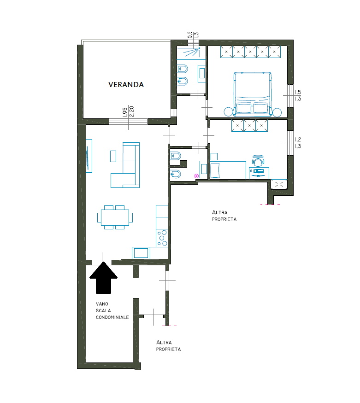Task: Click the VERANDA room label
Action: (126, 85)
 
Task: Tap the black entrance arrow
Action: (103, 278)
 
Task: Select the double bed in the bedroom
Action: (253, 94)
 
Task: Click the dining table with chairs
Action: (115, 217)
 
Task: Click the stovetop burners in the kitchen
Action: (162, 238)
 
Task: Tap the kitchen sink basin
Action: (141, 253)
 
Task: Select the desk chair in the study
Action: (258, 160)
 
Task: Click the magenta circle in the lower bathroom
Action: (196, 176)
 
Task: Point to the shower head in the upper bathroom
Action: (199, 48)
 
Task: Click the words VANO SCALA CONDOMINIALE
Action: (112, 310)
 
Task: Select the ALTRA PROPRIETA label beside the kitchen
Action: (224, 216)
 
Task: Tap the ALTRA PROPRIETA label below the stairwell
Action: (168, 346)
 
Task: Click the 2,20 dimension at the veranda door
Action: (132, 111)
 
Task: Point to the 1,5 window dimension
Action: (298, 92)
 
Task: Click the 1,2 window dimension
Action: (298, 140)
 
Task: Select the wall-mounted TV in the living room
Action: (89, 156)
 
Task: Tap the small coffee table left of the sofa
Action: (113, 156)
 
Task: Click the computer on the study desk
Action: (259, 171)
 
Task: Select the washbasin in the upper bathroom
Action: (202, 74)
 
